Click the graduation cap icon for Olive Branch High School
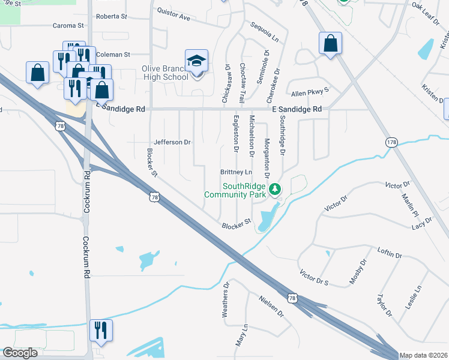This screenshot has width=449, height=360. coord(196,61)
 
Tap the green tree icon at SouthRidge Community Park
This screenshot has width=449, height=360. coord(275,190)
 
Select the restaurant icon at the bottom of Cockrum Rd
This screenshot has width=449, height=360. coord(100,330)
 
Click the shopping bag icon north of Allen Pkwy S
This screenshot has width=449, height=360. coord(330,44)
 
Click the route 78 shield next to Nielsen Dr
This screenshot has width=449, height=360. coord(292,298)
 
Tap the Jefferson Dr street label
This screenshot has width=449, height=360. coord(172,142)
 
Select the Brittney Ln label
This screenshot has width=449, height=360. coord(236,172)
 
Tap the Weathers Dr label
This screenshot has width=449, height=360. coord(226,301)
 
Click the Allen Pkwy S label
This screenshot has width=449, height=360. coord(310,93)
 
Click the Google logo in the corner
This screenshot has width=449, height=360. coord(20,353)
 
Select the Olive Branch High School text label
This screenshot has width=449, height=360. coord(164,73)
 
